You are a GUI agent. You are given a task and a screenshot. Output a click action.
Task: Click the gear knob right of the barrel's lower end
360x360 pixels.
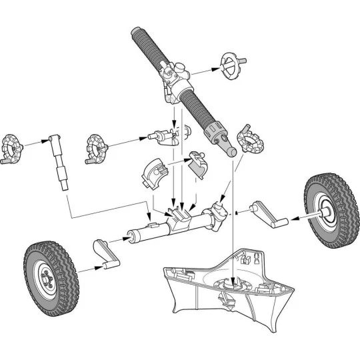(251, 140)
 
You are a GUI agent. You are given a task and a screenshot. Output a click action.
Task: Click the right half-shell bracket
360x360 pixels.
(197, 165)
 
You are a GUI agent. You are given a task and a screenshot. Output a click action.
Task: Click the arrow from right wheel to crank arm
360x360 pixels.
(299, 217)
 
